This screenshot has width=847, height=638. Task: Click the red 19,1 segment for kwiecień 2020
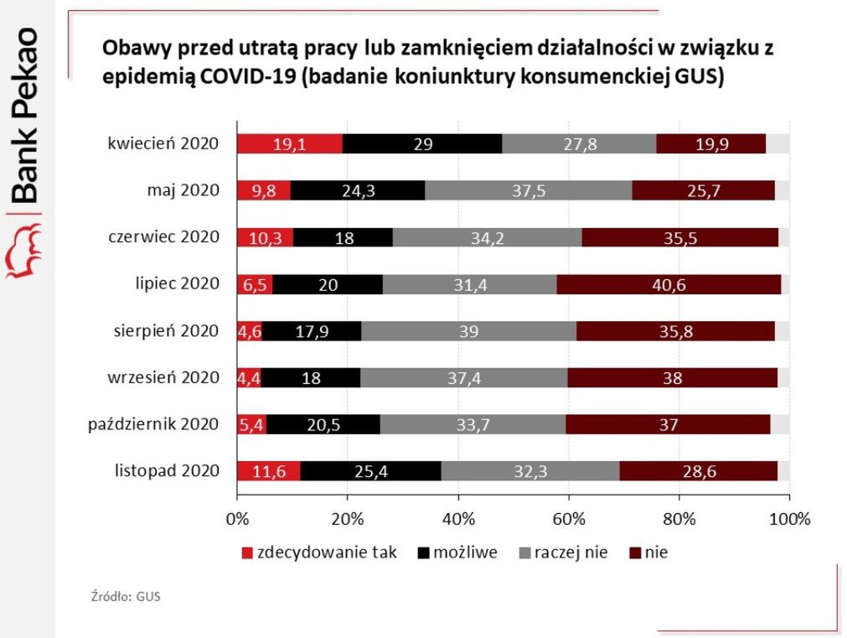[290, 143]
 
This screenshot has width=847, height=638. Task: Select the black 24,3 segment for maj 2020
[358, 190]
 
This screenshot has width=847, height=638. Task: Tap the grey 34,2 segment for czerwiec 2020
[487, 237]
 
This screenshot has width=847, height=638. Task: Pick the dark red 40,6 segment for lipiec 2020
[669, 284]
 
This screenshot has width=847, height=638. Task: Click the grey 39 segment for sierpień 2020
[468, 331]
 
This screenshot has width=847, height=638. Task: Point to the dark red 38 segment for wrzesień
[672, 378]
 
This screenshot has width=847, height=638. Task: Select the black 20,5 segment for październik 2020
[323, 425]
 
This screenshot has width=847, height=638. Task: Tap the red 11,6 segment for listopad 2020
[269, 472]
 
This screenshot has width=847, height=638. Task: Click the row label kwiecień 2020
[163, 143]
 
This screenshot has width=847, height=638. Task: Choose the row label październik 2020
[153, 425]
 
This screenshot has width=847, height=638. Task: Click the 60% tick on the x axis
[569, 518]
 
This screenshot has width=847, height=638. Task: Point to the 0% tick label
[238, 518]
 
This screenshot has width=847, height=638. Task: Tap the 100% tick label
[789, 518]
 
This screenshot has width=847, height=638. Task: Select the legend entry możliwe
[464, 552]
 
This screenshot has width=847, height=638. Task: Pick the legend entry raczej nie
[570, 552]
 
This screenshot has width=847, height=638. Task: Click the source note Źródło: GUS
[126, 597]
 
